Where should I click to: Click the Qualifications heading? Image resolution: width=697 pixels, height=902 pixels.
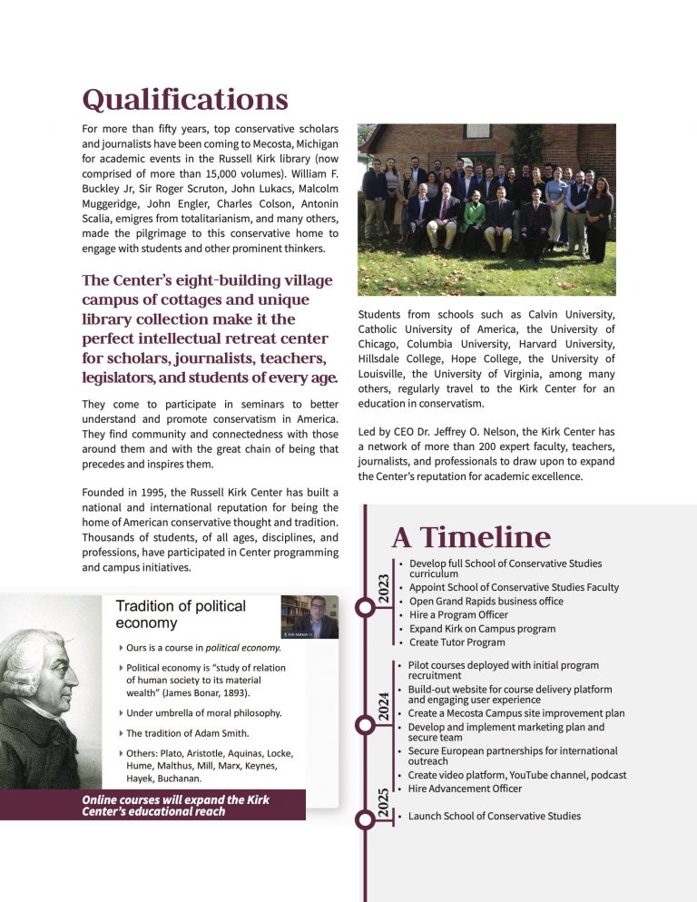(x=185, y=98)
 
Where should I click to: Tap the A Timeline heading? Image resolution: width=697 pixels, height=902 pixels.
(x=471, y=538)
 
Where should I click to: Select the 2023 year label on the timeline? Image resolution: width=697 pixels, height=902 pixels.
(x=383, y=590)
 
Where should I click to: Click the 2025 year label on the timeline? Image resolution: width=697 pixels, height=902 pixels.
(x=383, y=803)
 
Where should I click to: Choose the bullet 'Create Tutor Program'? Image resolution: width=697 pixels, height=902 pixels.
(x=456, y=642)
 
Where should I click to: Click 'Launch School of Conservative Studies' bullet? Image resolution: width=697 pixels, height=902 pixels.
(x=494, y=816)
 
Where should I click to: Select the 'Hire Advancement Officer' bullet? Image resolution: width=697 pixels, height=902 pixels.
(x=465, y=789)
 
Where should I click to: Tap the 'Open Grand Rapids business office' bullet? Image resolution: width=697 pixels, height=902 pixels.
(x=485, y=601)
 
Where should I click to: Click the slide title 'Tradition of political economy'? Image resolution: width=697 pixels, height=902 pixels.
(x=181, y=614)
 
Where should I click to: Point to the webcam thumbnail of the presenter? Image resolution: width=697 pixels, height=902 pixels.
(x=309, y=617)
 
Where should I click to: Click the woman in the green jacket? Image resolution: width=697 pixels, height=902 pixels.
(x=473, y=218)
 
